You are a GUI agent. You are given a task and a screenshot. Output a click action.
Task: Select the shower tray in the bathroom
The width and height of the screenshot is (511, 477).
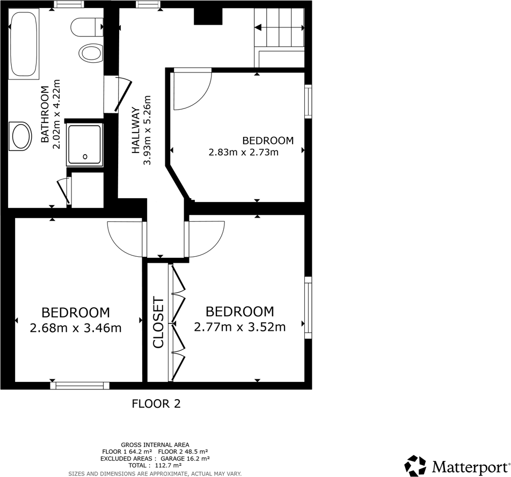point(84,144)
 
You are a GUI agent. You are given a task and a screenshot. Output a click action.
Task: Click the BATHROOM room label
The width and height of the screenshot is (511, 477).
point(45,114)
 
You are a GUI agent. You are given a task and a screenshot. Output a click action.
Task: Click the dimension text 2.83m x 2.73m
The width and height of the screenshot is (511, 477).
point(244,152)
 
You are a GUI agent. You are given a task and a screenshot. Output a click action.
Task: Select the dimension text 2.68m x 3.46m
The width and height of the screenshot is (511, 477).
point(76,328)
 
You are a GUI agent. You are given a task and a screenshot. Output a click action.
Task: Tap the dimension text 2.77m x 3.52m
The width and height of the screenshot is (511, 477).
point(239,327)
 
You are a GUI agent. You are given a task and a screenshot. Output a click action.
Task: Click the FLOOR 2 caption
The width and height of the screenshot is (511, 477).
point(156,403)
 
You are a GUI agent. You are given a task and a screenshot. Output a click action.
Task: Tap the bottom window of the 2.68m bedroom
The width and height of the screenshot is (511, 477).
point(79,385)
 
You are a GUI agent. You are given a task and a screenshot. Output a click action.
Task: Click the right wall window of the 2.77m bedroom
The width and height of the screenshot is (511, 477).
point(308,308)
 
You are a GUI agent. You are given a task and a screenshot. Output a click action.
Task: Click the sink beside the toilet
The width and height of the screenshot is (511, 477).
point(90,53)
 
